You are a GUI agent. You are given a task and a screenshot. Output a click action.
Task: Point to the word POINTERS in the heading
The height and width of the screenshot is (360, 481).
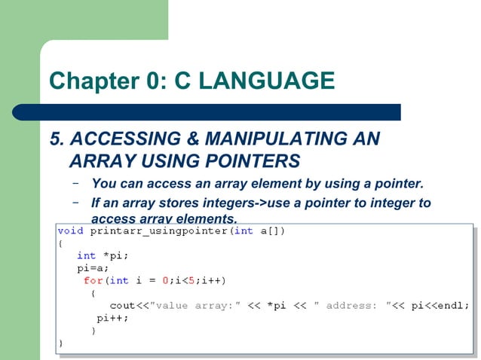pos(256,161)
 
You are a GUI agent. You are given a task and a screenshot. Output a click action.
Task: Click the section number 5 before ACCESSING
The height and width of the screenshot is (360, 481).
pos(54,139)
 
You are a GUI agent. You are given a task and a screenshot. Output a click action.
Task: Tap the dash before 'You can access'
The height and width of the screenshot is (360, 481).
pos(75,183)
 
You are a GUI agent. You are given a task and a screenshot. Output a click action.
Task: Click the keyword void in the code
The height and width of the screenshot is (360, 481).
pos(70,230)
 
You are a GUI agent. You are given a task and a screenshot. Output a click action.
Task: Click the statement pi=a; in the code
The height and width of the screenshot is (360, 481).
pos(93,267)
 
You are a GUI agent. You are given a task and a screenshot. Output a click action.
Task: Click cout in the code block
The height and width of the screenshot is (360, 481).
pos(122,305)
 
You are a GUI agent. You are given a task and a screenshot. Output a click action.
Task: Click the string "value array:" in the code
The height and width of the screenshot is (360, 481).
pos(196,305)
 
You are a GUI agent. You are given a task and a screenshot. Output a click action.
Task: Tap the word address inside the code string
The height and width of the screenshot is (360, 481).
pos(351,305)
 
